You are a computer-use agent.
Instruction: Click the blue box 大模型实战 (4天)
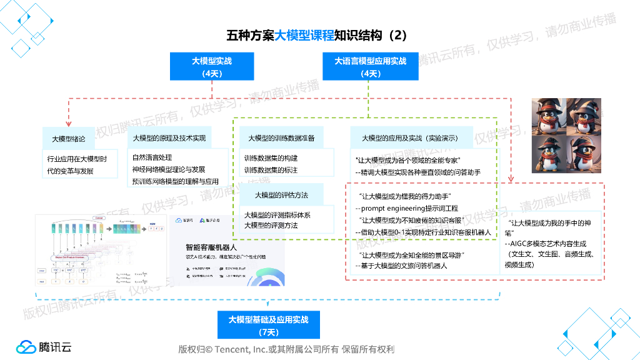point(212,67)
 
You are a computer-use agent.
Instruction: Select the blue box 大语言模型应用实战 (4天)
point(370,67)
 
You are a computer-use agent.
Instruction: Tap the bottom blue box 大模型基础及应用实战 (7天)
point(268,325)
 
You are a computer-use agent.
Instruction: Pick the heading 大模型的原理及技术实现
point(169,138)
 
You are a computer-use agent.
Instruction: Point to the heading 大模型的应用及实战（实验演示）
point(410,138)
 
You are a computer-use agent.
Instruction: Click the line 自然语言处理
point(152,157)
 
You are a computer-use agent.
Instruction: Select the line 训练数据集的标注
point(271,170)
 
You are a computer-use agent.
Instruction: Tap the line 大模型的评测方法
point(271,226)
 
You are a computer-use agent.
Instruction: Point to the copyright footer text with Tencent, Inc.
point(286,349)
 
